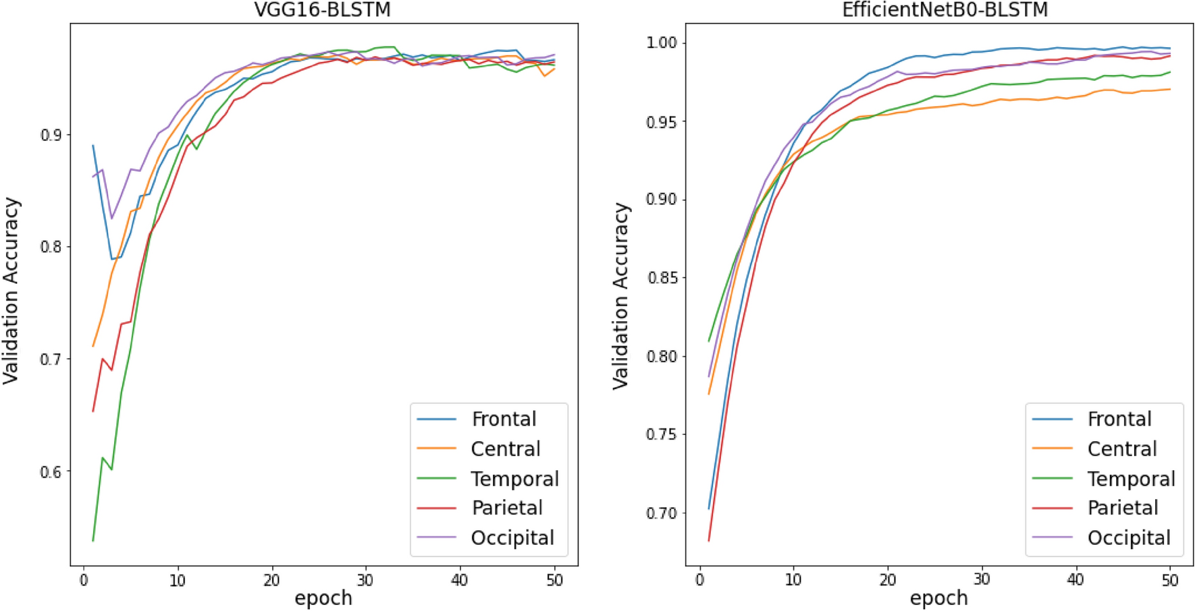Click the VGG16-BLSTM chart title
(x=322, y=10)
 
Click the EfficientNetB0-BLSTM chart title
(x=945, y=10)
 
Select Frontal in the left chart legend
(x=503, y=419)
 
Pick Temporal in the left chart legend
(x=514, y=479)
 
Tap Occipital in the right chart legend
(x=1129, y=537)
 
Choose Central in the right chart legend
(x=1121, y=448)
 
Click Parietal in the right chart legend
(x=1122, y=508)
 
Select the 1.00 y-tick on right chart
(x=661, y=43)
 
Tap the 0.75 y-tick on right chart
(x=661, y=434)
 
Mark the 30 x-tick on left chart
(x=365, y=581)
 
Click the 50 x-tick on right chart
(x=1169, y=581)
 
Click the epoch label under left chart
(x=323, y=598)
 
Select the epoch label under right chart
(x=938, y=598)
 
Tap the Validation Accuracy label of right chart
(x=620, y=295)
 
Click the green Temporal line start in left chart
(x=93, y=540)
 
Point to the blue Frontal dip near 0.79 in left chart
(x=112, y=259)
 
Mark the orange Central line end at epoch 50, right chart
(x=1169, y=89)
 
